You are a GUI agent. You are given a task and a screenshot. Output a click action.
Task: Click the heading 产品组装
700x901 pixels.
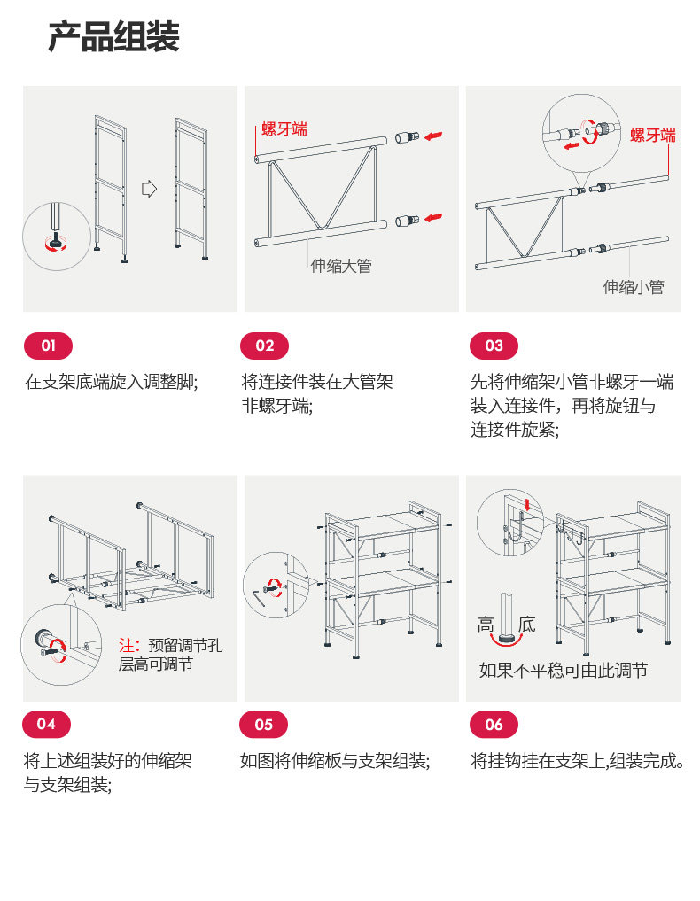tap(113, 37)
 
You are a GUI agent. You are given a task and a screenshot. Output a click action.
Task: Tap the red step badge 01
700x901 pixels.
tap(48, 346)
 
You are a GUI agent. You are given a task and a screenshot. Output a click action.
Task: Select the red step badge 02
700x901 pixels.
tap(264, 346)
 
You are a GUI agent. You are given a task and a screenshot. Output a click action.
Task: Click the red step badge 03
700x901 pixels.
tap(494, 346)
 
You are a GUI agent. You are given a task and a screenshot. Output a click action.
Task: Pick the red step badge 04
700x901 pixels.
tap(47, 724)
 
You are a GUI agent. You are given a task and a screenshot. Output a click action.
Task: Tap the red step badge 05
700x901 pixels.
tap(264, 725)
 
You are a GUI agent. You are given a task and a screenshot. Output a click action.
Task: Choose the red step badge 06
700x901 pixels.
tap(494, 725)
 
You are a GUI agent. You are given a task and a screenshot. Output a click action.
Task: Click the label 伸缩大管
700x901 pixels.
tap(341, 266)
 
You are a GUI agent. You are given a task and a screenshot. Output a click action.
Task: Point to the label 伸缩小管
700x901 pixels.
tap(634, 287)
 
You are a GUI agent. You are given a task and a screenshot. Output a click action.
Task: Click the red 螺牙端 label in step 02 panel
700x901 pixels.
tap(284, 128)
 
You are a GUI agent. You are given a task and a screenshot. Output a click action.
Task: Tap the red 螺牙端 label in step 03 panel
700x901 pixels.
tap(653, 135)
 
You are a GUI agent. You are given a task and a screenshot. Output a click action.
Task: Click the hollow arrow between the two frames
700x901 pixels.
tap(150, 189)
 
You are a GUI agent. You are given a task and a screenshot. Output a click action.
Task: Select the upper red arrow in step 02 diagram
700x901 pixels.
tap(433, 136)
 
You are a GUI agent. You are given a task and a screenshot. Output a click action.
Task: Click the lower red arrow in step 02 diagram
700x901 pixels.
tap(433, 218)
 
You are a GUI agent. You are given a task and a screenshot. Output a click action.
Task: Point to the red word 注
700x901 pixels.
tap(127, 645)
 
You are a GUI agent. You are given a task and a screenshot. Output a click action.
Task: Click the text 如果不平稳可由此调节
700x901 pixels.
tap(564, 670)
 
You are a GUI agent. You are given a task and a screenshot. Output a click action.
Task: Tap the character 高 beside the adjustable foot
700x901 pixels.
tap(486, 625)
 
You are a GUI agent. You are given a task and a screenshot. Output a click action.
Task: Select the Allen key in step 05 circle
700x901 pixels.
tap(258, 596)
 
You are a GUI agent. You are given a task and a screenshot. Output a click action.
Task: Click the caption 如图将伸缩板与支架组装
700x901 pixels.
tap(333, 761)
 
